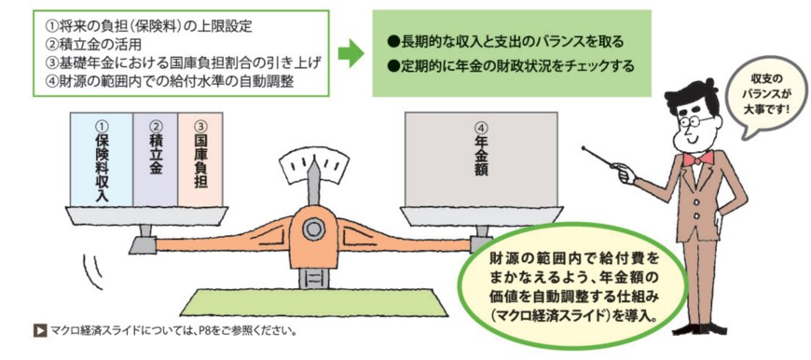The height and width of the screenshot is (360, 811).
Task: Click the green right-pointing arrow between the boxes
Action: click(350, 53)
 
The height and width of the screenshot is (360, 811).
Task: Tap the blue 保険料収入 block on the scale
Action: click(102, 159)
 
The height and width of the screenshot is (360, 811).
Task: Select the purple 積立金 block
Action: click(155, 159)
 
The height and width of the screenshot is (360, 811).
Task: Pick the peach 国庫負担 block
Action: click(201, 159)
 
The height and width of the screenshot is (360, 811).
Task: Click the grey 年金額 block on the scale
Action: click(480, 159)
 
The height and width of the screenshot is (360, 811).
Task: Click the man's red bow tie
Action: click(699, 158)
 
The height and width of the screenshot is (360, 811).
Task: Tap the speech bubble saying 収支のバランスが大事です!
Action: click(762, 95)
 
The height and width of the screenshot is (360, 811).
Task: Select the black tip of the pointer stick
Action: click(584, 147)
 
